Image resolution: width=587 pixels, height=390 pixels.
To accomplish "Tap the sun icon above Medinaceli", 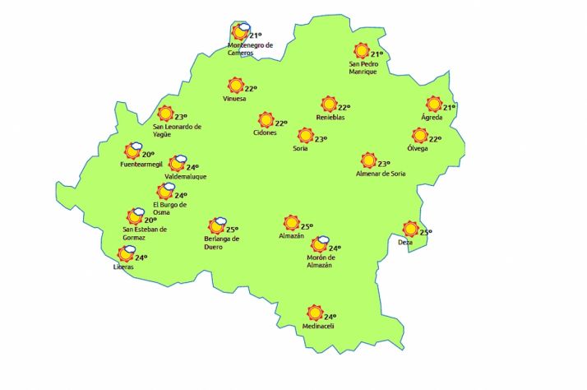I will (x=313, y=313).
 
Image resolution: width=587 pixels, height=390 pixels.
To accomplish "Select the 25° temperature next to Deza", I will (x=425, y=233).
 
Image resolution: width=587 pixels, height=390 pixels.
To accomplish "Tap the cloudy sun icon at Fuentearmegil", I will (x=132, y=151).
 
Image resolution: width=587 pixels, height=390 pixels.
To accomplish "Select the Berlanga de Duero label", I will (x=221, y=243).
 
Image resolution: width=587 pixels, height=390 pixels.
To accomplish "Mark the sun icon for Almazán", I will (x=291, y=223).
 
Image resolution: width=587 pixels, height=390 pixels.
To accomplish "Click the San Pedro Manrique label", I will (x=363, y=67).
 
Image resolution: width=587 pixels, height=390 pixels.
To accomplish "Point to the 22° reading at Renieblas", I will (x=344, y=107).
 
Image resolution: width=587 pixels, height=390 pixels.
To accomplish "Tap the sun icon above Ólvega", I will (x=420, y=136).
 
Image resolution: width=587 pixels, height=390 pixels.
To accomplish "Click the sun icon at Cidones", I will (x=266, y=120).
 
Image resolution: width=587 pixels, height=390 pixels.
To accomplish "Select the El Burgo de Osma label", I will (x=170, y=208).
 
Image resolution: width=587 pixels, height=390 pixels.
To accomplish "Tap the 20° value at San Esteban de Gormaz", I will (x=150, y=221).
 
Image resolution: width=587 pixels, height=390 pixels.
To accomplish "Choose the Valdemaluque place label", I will (x=185, y=177).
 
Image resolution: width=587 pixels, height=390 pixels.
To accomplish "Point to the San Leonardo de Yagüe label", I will (x=178, y=130).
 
